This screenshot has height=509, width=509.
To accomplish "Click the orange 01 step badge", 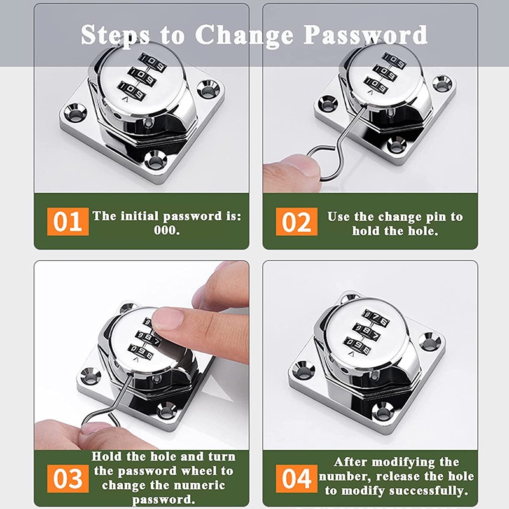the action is click(68, 221).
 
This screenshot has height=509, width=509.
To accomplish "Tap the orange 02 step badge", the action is click(296, 221).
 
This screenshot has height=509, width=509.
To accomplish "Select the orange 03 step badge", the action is click(68, 478).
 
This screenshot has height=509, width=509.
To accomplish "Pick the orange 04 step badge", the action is click(296, 478).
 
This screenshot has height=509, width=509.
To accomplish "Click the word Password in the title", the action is click(365, 35).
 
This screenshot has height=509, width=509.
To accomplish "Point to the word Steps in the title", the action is click(115, 35).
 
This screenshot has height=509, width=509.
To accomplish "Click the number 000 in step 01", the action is click(167, 230).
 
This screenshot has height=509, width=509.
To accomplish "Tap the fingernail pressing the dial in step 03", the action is click(168, 319).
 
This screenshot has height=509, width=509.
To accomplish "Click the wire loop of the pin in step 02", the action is click(321, 162).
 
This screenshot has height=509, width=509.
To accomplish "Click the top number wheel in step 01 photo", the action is click(153, 63).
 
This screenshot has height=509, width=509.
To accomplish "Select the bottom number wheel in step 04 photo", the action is click(357, 345).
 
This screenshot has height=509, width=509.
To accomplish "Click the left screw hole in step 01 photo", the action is click(75, 113).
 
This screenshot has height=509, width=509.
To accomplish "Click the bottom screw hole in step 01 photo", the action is click(156, 160).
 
